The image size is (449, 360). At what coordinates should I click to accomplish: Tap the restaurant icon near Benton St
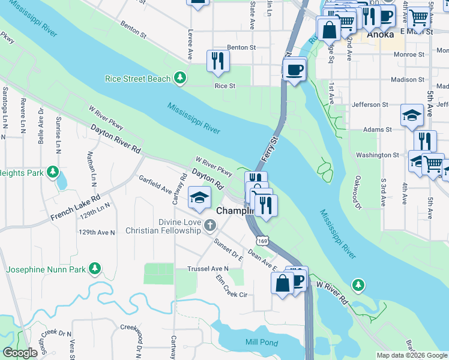(x=217, y=61)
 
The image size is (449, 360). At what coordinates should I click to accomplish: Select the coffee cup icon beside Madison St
(x=294, y=70)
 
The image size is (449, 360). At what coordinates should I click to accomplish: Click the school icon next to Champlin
(x=199, y=198)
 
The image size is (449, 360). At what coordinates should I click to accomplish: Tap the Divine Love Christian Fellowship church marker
(x=209, y=226)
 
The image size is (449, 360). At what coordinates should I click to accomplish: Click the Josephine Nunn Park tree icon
(x=94, y=269)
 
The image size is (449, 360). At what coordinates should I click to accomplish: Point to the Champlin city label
(x=231, y=211)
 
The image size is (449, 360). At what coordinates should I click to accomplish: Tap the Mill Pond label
(x=262, y=342)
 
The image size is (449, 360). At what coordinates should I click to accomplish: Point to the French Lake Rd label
(x=75, y=206)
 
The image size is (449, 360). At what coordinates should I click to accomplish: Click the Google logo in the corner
(x=20, y=353)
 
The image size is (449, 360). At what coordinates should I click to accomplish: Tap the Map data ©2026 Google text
(x=412, y=355)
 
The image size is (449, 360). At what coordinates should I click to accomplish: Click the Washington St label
(x=377, y=155)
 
